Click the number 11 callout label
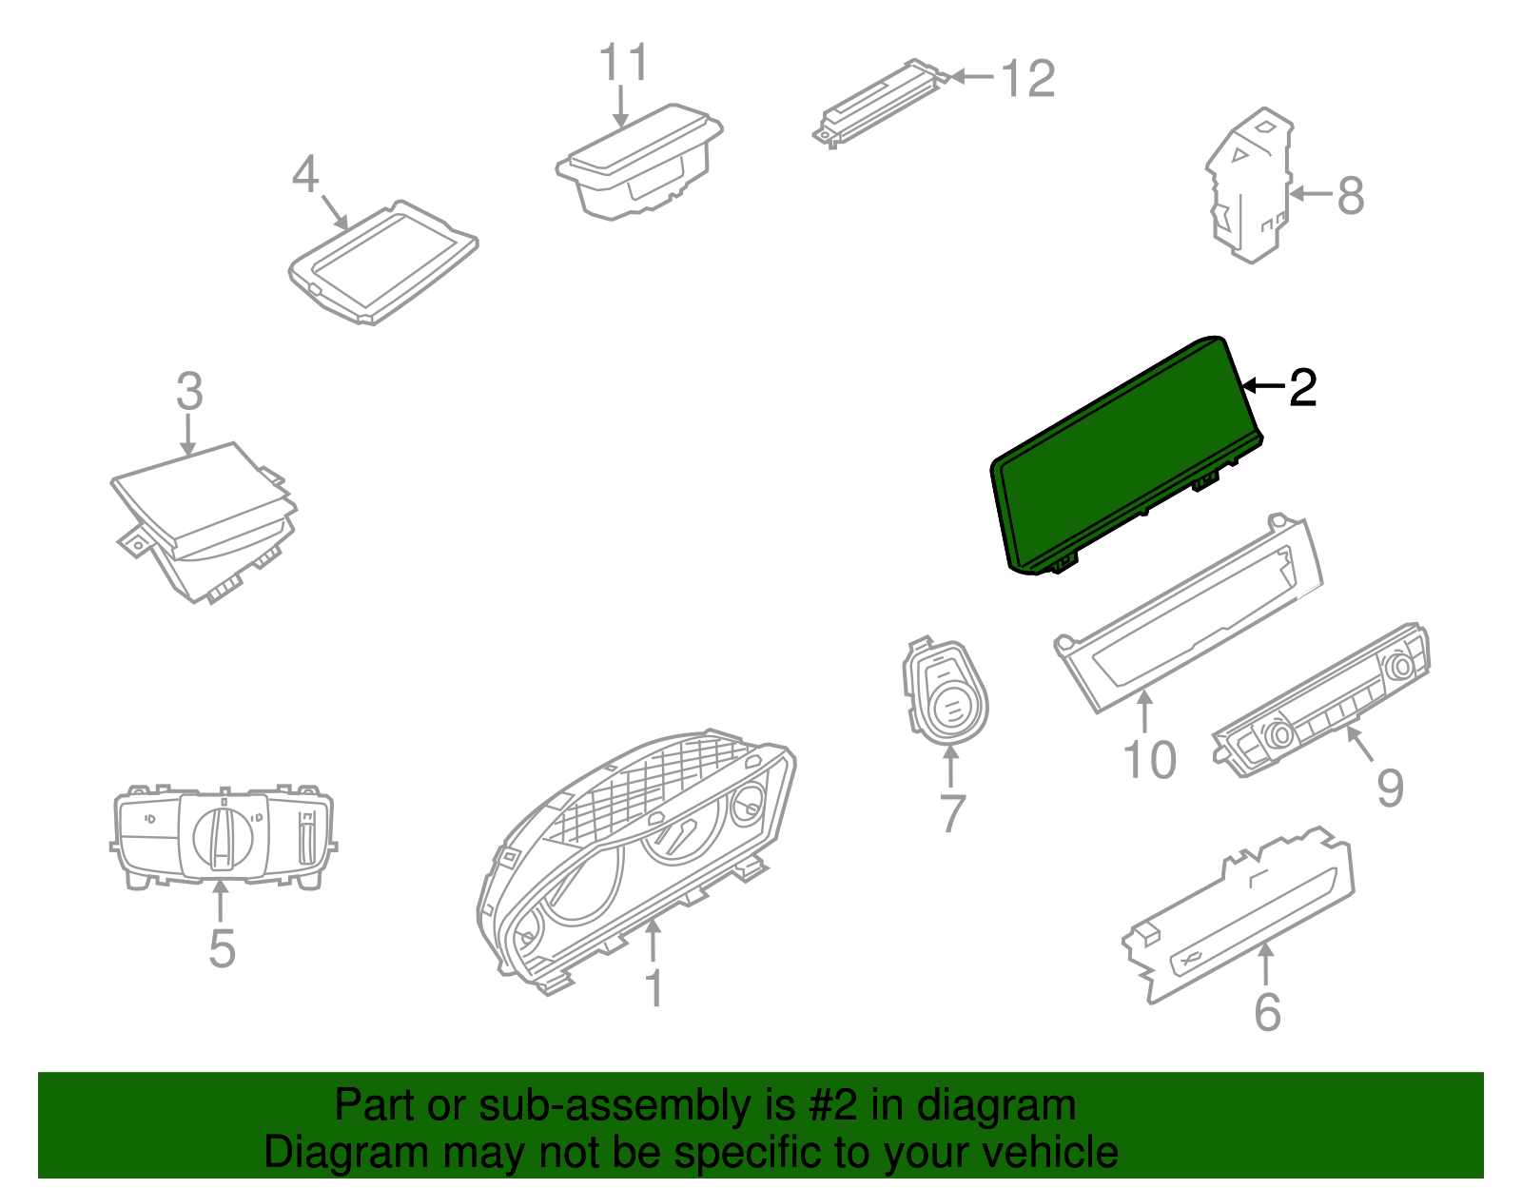[623, 63]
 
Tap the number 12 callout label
[1027, 78]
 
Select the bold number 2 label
[1302, 387]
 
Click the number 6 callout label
[1268, 1012]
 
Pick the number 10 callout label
[1149, 760]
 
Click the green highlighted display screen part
[1127, 455]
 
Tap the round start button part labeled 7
[945, 691]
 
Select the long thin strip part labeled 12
[882, 103]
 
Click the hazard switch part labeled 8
[1250, 185]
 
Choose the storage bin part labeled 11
[639, 163]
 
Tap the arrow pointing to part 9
[1359, 744]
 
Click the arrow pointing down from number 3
[187, 435]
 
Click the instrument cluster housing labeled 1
[636, 864]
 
